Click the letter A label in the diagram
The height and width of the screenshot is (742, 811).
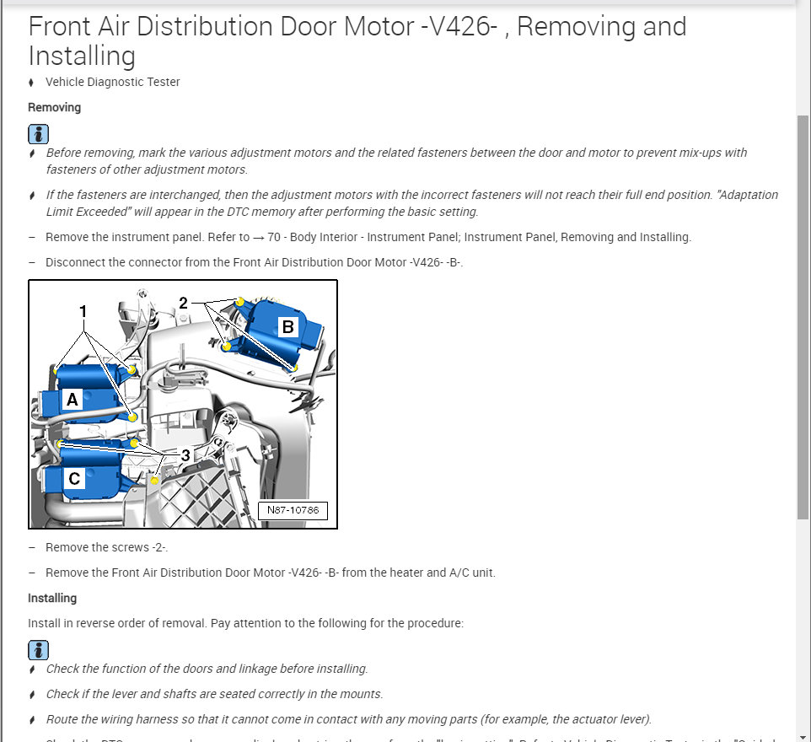coord(73,400)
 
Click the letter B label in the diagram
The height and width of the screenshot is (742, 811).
coord(287,326)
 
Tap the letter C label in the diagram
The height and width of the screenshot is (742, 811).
coord(74,479)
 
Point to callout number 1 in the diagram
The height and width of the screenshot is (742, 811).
coord(83,311)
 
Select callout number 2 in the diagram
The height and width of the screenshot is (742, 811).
coord(183,303)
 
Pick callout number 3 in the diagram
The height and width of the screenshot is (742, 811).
coord(185,455)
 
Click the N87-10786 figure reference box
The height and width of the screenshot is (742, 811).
coord(293,510)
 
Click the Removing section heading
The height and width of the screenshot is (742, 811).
coord(55,107)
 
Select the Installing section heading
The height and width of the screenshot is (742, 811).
coord(52,598)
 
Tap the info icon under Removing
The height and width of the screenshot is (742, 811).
coord(38,133)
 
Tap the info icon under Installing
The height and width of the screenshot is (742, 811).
coord(38,649)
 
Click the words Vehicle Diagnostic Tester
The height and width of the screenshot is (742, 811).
coord(113,82)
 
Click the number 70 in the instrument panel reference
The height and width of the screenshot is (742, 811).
coord(273,237)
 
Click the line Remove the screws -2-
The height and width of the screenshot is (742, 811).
coord(107,547)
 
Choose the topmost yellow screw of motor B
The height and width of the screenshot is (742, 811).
coord(240,302)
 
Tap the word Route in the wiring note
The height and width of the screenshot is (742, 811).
coord(62,719)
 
